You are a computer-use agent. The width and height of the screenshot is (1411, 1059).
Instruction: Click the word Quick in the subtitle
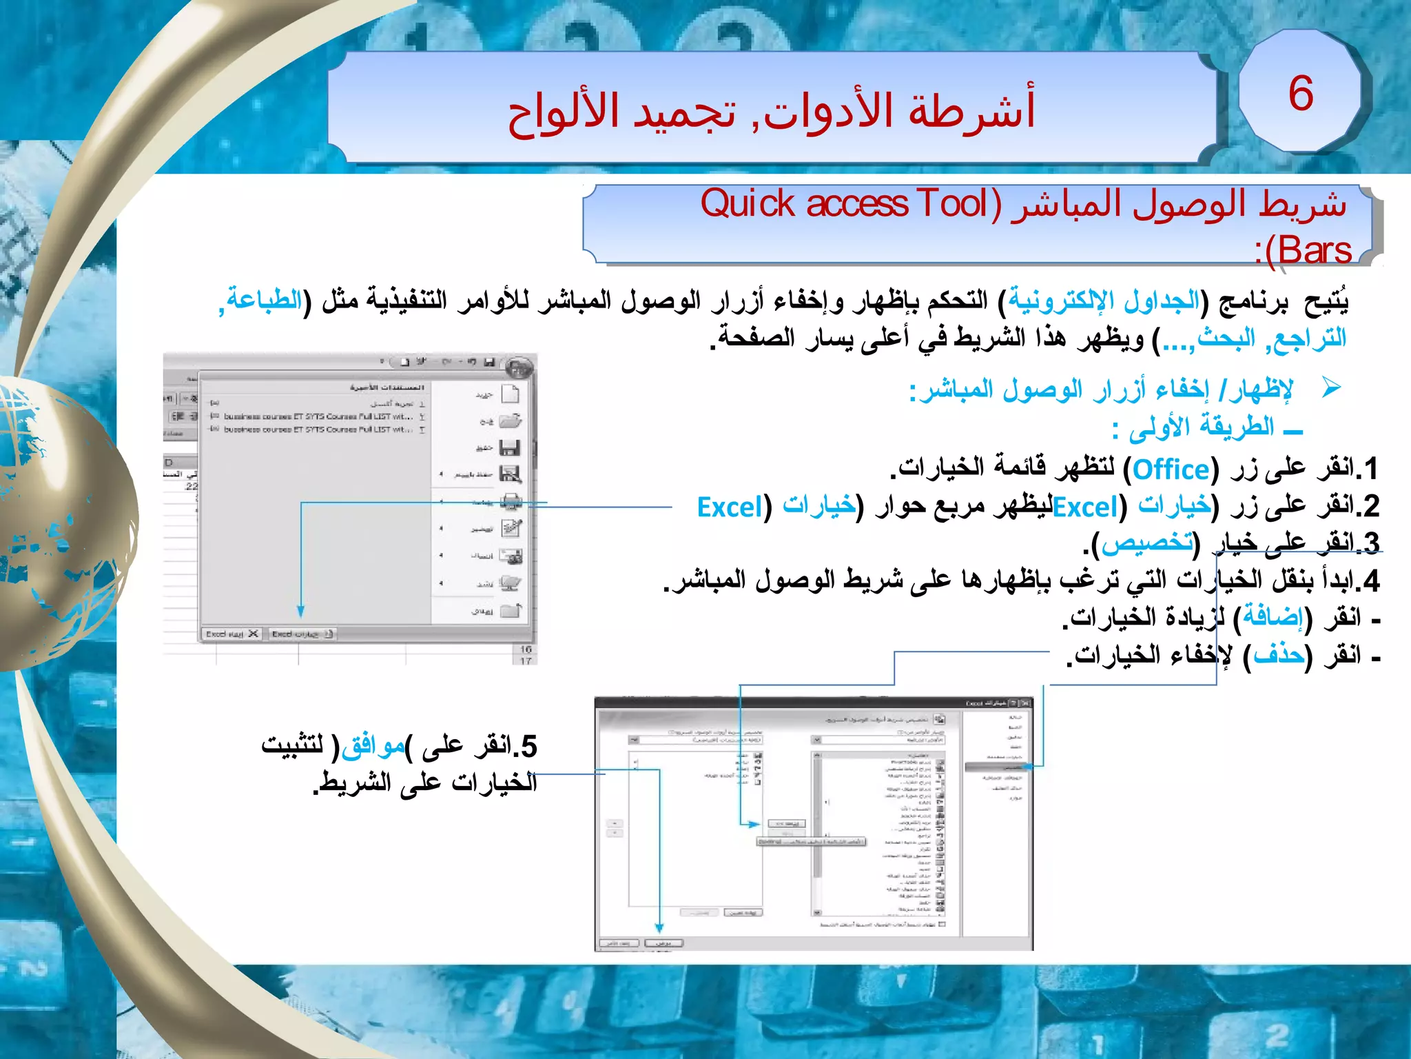tap(748, 204)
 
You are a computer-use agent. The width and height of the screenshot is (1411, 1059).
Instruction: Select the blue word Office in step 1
tap(1171, 470)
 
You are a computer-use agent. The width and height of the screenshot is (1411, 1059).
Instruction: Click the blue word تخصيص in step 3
tap(1147, 543)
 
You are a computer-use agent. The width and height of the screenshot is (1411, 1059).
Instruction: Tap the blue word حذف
tap(1279, 654)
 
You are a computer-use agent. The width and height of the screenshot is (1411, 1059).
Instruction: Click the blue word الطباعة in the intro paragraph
tap(265, 300)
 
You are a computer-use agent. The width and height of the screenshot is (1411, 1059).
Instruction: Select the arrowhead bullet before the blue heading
tap(1332, 387)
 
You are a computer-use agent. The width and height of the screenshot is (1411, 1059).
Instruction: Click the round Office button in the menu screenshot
tap(518, 367)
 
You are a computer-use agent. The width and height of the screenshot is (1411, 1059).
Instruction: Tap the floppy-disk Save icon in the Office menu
tap(510, 448)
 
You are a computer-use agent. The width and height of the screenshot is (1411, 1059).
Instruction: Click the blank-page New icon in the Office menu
tap(510, 394)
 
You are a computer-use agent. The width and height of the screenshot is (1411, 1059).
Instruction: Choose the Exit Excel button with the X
tap(232, 634)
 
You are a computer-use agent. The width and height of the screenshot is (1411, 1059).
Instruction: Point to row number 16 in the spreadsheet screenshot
tap(526, 649)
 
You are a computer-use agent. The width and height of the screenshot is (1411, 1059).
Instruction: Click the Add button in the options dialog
tap(786, 824)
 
